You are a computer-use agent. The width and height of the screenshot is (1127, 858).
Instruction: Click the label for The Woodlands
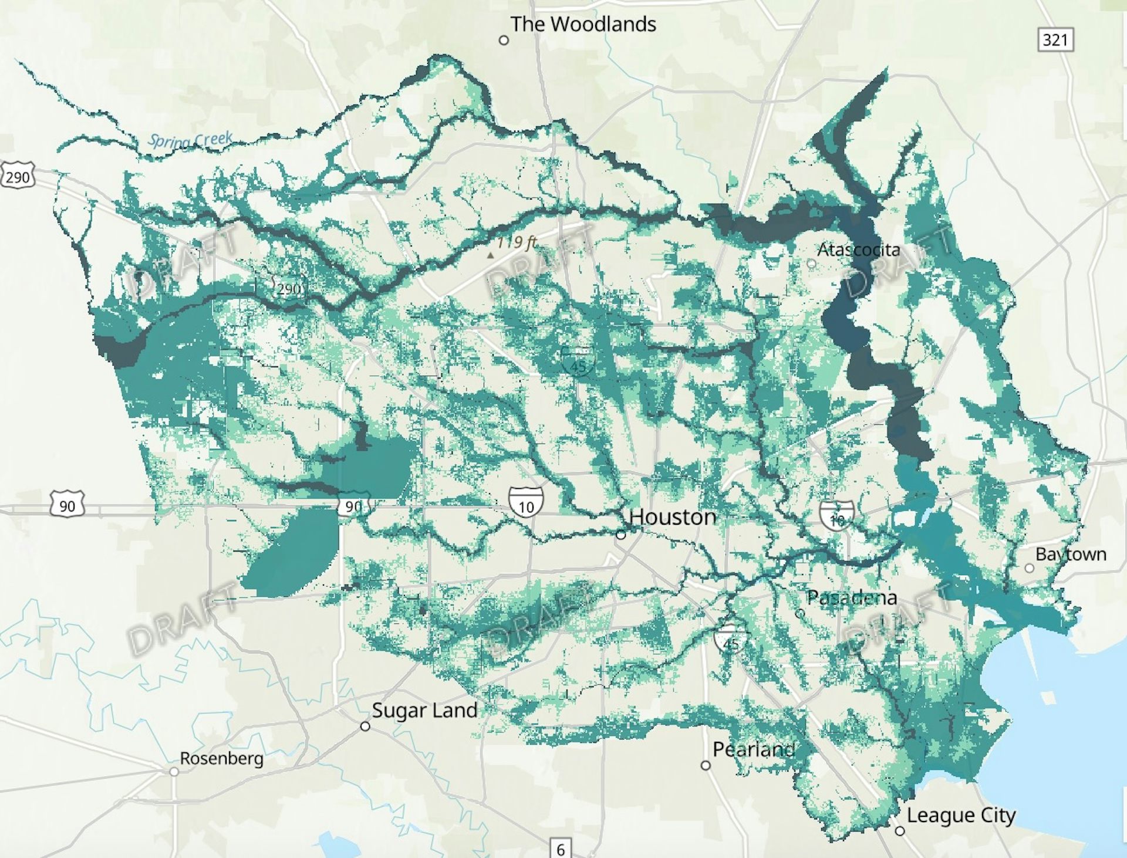point(582,24)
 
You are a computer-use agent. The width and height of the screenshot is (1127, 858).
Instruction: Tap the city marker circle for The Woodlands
point(504,40)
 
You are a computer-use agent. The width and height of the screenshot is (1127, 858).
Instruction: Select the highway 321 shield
point(1055,40)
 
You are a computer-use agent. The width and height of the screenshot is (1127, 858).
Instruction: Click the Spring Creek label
point(190,140)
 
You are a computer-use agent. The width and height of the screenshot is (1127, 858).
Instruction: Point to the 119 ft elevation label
point(516,242)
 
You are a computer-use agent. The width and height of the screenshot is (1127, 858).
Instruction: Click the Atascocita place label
point(858,250)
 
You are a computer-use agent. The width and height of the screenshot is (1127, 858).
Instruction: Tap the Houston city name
point(673,517)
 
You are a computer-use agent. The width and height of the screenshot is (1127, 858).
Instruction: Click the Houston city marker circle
point(621,535)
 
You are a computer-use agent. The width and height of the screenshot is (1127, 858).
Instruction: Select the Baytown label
point(1071,554)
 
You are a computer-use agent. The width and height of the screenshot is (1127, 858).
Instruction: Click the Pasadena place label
point(852,598)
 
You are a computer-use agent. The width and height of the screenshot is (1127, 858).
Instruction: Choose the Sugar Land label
point(424,710)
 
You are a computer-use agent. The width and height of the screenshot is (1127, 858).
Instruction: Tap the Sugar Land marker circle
point(365,727)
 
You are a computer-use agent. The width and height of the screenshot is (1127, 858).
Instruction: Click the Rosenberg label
point(221,758)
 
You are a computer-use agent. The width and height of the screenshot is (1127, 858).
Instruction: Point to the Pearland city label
point(754,749)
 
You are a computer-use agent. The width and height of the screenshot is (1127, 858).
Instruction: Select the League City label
point(961,815)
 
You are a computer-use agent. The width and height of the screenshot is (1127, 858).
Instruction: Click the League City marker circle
point(900,831)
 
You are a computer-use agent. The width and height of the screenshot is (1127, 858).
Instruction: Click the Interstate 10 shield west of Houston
point(526,504)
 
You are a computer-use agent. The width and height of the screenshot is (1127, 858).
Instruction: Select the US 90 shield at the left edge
point(67,505)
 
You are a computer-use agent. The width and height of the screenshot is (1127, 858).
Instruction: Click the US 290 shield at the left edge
point(18,177)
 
